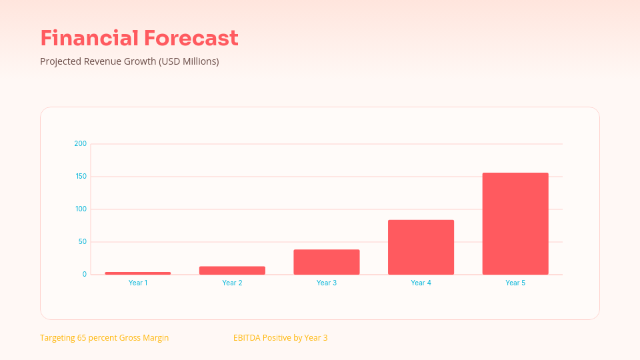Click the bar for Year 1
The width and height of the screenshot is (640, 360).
click(138, 273)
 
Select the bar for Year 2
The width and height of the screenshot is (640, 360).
click(232, 271)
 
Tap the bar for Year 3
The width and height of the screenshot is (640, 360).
click(327, 262)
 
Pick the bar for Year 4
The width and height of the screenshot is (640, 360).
click(421, 247)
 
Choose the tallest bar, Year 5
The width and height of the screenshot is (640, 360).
click(515, 224)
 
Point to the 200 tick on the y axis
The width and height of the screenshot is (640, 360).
click(81, 144)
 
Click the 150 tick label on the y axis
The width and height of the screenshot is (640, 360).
click(81, 177)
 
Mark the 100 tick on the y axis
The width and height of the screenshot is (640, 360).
click(81, 209)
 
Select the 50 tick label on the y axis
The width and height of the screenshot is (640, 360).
click(82, 242)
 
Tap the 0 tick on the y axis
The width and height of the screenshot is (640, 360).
click(85, 275)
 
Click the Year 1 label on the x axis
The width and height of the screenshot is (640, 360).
click(138, 283)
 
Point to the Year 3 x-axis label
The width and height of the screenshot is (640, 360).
click(327, 283)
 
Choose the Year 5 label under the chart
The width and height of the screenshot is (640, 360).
click(515, 283)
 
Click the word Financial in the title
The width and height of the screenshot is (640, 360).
click(89, 38)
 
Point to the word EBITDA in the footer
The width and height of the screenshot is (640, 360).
click(247, 338)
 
